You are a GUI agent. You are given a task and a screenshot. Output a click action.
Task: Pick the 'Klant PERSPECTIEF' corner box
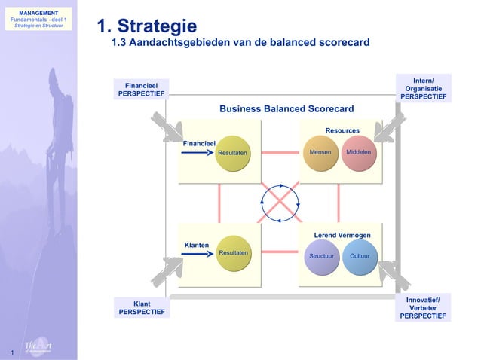(141, 308)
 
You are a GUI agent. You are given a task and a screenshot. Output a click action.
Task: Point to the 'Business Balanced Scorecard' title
(286, 109)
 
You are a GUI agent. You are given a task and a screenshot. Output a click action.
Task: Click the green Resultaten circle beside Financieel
(232, 153)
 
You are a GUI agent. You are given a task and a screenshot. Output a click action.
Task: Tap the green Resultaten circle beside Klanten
(233, 253)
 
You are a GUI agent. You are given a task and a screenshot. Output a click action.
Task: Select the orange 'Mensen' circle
(320, 153)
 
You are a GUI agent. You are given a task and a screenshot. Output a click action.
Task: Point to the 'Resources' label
(342, 131)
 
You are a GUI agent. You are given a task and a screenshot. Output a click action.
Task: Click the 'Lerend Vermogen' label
(342, 236)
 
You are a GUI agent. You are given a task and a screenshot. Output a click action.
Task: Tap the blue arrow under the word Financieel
(198, 152)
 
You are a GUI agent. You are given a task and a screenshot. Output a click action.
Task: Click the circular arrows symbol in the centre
(280, 201)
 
